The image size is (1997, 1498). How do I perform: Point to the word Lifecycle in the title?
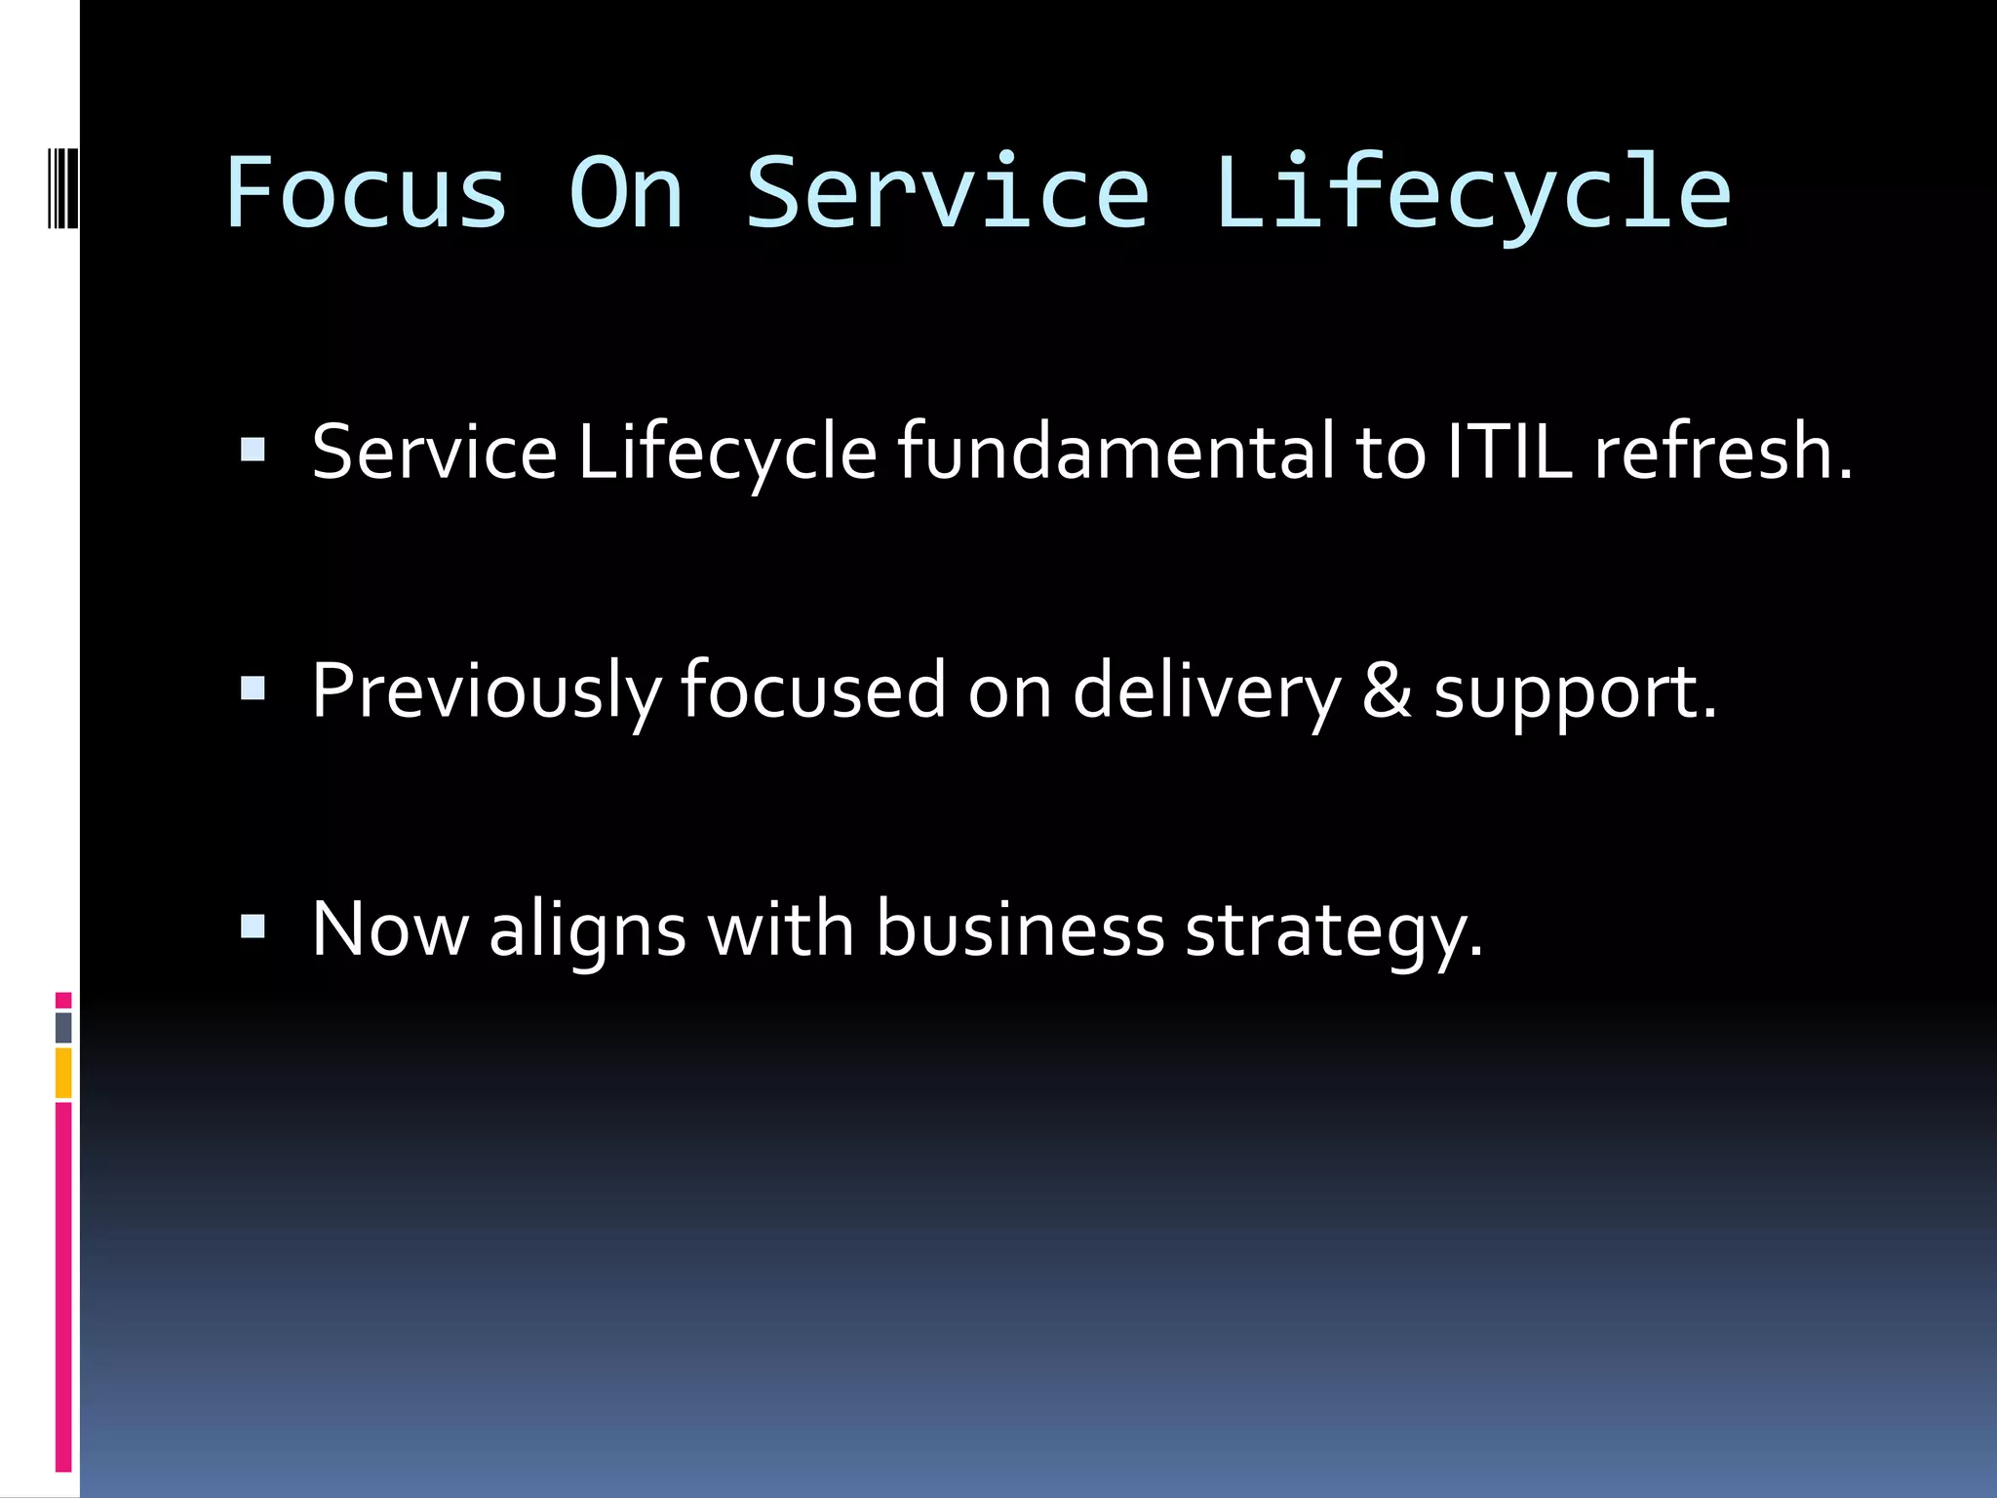point(1471,195)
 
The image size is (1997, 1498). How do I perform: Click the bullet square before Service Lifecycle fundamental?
point(253,450)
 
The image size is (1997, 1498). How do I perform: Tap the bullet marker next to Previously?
point(253,689)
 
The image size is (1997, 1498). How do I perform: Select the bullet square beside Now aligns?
point(253,926)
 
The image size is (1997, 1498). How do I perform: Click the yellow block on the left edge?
point(63,1073)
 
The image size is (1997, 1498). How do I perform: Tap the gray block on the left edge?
point(63,1027)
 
